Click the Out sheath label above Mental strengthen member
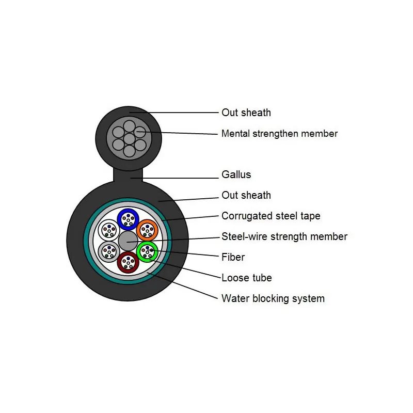246,113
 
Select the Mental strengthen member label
279,134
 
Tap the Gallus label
236,174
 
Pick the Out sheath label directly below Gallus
246,195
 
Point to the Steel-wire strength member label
284,236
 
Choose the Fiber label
233,257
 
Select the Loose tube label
246,278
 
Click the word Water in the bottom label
234,298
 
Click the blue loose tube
128,219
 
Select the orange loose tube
147,230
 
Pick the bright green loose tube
147,251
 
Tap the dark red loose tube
128,262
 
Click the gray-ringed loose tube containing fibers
108,251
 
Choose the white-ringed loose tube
109,230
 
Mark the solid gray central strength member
128,241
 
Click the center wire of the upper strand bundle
129,138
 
